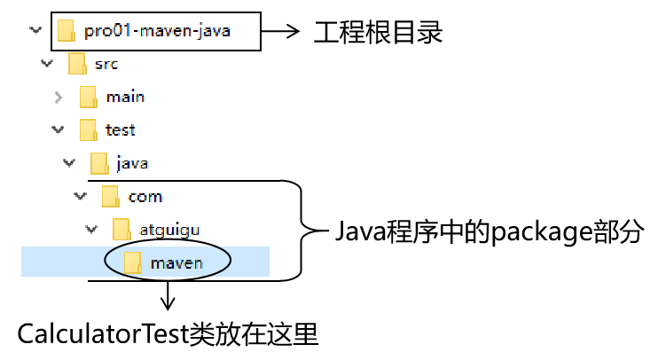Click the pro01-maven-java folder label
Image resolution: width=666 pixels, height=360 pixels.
tap(157, 32)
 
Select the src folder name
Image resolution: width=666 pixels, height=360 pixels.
tap(106, 64)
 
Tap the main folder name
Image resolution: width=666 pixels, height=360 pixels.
tap(125, 97)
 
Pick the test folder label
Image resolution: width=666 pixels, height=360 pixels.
tap(120, 129)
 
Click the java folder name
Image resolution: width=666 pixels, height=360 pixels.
tap(132, 163)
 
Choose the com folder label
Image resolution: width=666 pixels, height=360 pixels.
tap(145, 196)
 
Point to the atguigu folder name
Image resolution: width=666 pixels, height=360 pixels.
tap(168, 229)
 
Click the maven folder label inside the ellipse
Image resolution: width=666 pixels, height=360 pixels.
tap(176, 262)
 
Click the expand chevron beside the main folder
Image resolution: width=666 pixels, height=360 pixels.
tap(59, 97)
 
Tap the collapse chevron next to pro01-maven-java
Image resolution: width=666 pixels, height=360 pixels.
tap(35, 31)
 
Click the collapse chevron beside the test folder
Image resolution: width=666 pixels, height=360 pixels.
tap(59, 129)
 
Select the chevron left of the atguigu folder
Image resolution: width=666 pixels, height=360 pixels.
tap(91, 229)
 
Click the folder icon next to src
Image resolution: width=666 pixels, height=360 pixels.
tap(77, 64)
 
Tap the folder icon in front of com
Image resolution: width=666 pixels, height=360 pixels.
tap(110, 196)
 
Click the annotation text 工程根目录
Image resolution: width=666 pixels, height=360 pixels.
tap(378, 34)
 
